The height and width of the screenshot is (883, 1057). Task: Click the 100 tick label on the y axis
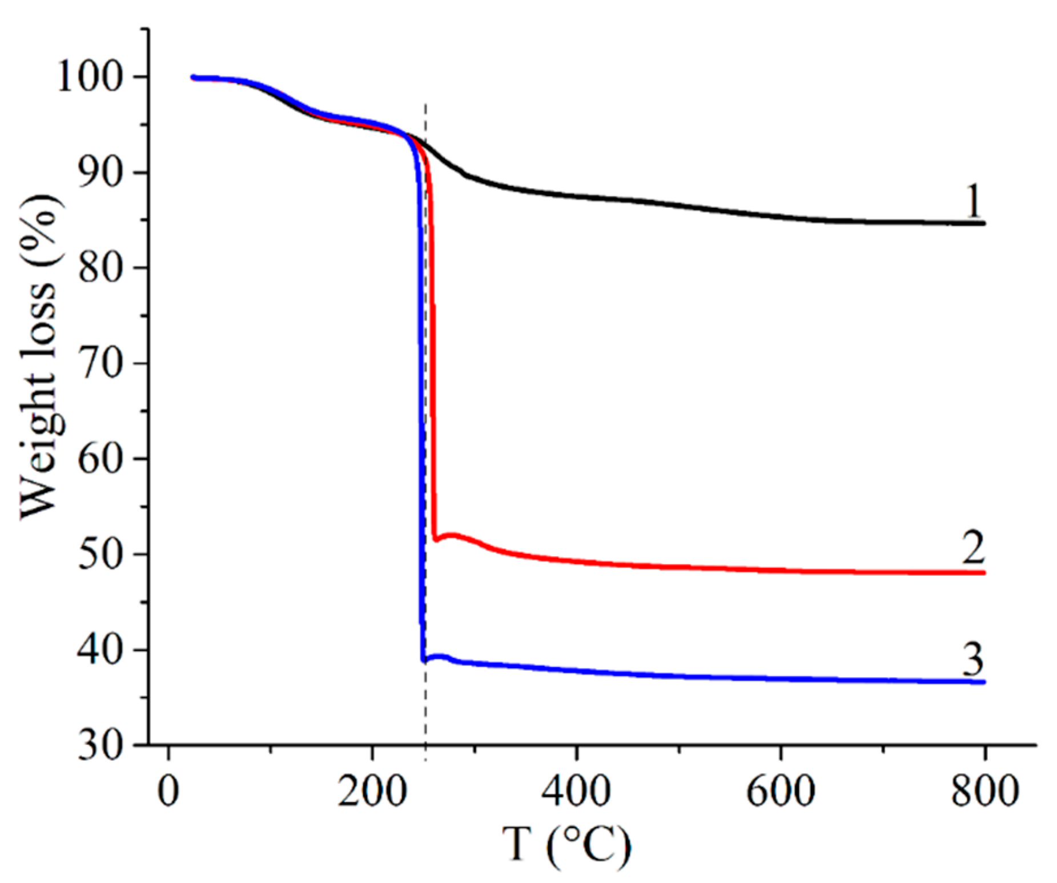[x=91, y=77]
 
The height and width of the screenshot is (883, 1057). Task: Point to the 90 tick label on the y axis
[x=101, y=172]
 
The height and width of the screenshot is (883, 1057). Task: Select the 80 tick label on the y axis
[x=101, y=268]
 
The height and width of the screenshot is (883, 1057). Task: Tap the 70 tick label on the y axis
[x=101, y=363]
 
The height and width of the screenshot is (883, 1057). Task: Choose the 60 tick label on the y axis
[x=101, y=459]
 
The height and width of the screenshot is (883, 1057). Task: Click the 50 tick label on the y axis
[x=101, y=554]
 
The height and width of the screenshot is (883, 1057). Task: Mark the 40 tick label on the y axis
[x=101, y=650]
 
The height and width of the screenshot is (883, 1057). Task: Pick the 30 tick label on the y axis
[x=101, y=745]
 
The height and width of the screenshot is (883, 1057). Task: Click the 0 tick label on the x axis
[x=168, y=792]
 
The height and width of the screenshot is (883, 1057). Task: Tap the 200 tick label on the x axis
[x=372, y=792]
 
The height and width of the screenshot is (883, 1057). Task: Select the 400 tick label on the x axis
[x=576, y=792]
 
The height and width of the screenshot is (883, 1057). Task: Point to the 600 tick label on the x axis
[x=781, y=792]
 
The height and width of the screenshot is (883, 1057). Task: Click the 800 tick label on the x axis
[x=984, y=792]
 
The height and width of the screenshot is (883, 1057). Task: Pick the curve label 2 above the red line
[x=973, y=547]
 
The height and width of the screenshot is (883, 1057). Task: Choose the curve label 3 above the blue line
[x=973, y=659]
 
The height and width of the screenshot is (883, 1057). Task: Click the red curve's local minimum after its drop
[x=436, y=539]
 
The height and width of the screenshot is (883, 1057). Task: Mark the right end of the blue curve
[x=983, y=682]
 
